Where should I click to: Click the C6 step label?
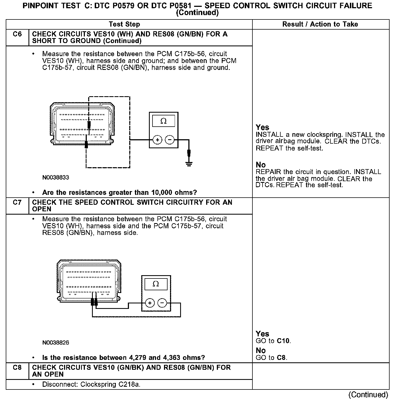[x=17, y=34]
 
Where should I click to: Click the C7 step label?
[x=17, y=203]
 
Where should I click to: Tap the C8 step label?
[x=17, y=368]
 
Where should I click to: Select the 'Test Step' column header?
[x=124, y=24]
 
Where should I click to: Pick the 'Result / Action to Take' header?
[x=320, y=24]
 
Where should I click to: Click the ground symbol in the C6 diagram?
[x=189, y=164]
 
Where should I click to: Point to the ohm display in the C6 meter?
[x=163, y=121]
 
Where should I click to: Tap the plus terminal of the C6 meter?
[x=157, y=140]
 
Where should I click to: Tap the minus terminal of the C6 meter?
[x=170, y=140]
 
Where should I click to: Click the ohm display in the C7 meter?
[x=156, y=284]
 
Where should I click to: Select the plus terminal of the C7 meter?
[x=150, y=303]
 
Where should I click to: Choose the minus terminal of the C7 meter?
[x=162, y=303]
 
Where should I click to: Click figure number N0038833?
[x=56, y=178]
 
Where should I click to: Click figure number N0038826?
[x=56, y=343]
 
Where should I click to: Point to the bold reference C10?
[x=283, y=341]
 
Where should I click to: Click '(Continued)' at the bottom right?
[x=368, y=395]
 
